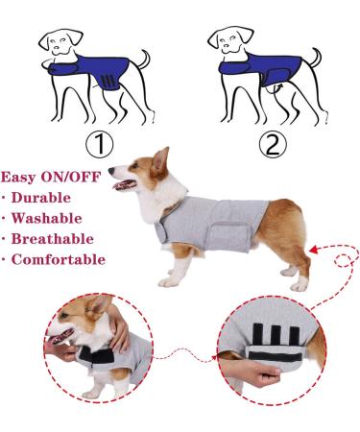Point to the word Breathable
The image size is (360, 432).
coord(54,239)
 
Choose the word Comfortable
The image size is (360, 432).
coord(59,259)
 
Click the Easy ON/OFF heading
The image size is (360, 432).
coord(49,178)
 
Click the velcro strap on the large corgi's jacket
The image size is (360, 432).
coord(228,230)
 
